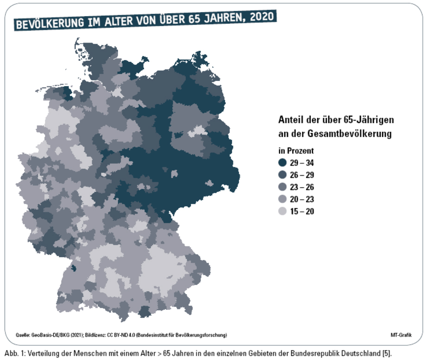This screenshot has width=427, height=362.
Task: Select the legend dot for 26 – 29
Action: tap(282, 175)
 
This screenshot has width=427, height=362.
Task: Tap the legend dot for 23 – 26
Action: tap(282, 187)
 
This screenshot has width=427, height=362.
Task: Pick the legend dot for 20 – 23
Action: tap(282, 200)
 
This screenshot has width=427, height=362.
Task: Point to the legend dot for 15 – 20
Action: tap(282, 212)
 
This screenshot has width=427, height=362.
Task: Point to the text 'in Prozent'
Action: tap(296, 151)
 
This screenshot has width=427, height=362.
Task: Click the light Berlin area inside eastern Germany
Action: tap(198, 131)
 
